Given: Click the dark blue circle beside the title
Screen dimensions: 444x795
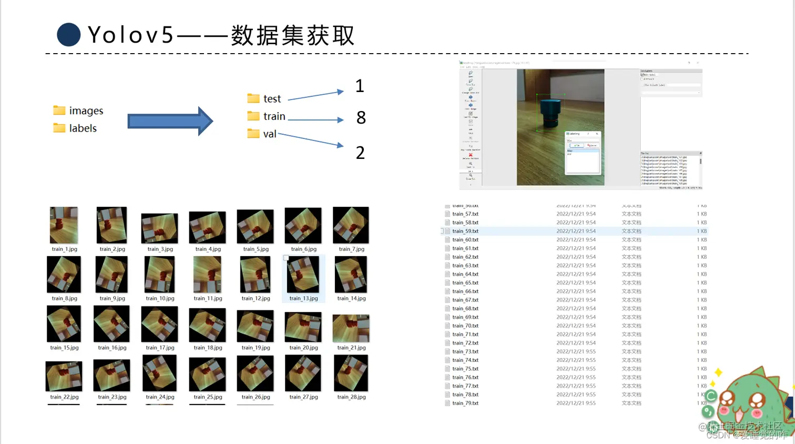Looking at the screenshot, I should [68, 35].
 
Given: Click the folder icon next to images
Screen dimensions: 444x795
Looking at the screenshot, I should [59, 110].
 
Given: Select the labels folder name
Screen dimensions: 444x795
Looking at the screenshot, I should [83, 128].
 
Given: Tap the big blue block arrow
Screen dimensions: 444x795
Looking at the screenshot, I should [170, 122].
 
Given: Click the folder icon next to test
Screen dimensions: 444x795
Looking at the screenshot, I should [253, 98].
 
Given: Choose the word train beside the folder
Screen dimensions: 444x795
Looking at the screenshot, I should [274, 116].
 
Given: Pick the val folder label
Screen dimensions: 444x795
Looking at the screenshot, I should [270, 134].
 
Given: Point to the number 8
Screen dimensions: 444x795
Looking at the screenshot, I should [361, 118].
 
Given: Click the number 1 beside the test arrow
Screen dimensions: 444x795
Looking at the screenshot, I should [360, 86].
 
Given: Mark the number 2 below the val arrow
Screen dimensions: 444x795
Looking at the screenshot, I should [360, 153].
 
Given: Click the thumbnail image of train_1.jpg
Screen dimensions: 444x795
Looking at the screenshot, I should [64, 225].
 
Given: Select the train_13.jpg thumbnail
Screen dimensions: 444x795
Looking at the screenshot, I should [303, 275].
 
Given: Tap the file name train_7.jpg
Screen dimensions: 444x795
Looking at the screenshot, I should [352, 249].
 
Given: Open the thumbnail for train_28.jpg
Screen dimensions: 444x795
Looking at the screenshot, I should [351, 373].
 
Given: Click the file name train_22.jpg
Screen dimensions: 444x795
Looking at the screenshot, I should [64, 397].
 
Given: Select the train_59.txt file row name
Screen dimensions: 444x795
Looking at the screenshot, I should [465, 231].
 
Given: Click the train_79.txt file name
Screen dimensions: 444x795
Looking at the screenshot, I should [465, 403].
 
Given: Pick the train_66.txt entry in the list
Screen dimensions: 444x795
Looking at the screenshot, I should [465, 291].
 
